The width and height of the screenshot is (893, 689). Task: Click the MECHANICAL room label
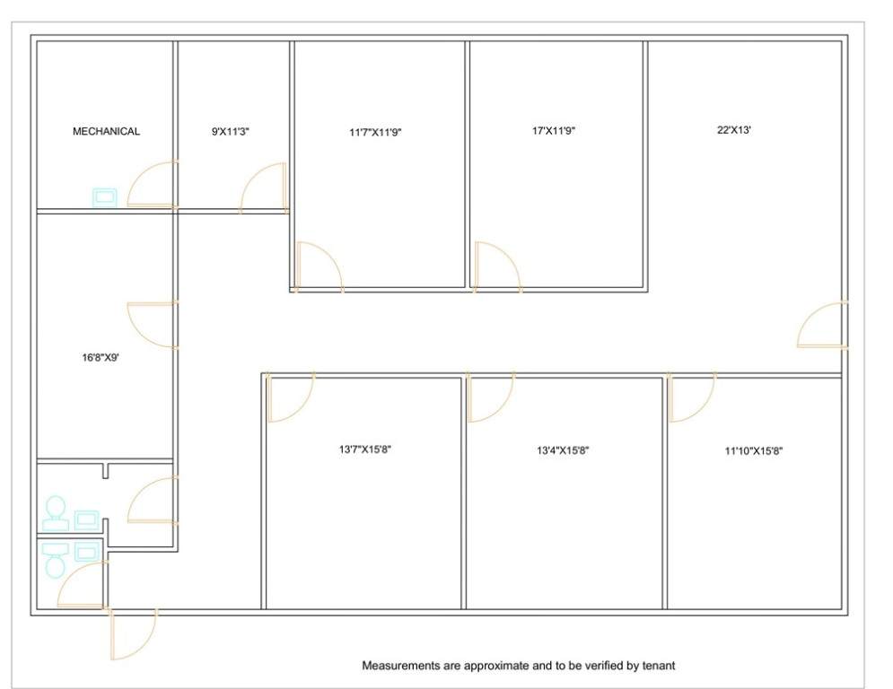(x=106, y=132)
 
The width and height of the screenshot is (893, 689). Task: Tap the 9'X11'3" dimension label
(x=231, y=132)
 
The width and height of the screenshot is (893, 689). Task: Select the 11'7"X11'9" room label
(x=375, y=133)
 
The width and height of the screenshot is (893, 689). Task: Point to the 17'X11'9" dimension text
(x=554, y=130)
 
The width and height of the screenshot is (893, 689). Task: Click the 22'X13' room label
(x=733, y=130)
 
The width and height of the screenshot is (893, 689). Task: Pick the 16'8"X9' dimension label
(x=101, y=358)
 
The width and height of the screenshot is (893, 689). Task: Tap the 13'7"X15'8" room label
(x=365, y=449)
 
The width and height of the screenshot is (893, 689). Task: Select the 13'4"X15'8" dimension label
(x=563, y=450)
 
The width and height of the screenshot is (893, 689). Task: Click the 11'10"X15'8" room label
(x=754, y=451)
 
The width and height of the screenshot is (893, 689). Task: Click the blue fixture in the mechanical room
(x=105, y=197)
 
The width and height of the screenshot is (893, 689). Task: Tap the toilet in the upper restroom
(x=56, y=513)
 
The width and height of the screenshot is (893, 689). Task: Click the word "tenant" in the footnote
(x=659, y=665)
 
